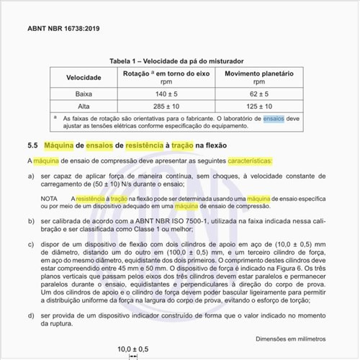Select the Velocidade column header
click(x=84, y=78)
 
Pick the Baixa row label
click(x=84, y=94)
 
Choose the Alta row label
click(x=84, y=106)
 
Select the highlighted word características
click(x=242, y=160)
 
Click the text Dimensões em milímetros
click(x=290, y=338)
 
